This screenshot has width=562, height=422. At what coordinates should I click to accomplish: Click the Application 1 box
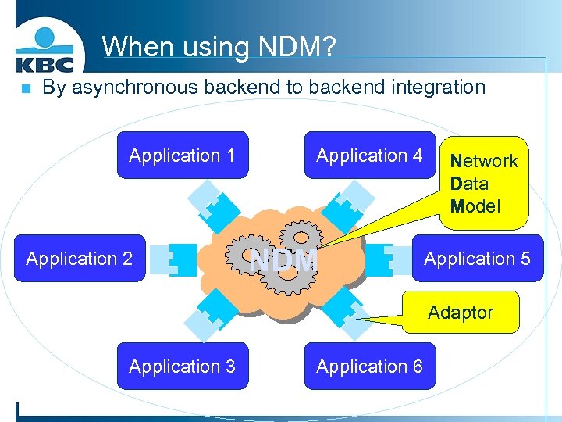coord(182,155)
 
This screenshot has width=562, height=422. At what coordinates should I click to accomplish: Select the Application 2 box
coord(80,258)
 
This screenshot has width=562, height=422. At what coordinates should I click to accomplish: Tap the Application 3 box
coord(182,366)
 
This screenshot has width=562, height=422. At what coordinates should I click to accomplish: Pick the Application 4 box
coord(369,155)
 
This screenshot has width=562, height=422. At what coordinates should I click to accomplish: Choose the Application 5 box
coord(477,258)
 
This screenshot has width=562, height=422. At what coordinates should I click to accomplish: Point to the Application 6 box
coord(369,366)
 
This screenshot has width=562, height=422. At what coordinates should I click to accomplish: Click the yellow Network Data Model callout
coord(484,184)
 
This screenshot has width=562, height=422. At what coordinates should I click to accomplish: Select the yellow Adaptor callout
coord(461,313)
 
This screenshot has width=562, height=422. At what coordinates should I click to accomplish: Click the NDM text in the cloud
coord(283,259)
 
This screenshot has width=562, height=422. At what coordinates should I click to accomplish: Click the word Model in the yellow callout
coord(475,206)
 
